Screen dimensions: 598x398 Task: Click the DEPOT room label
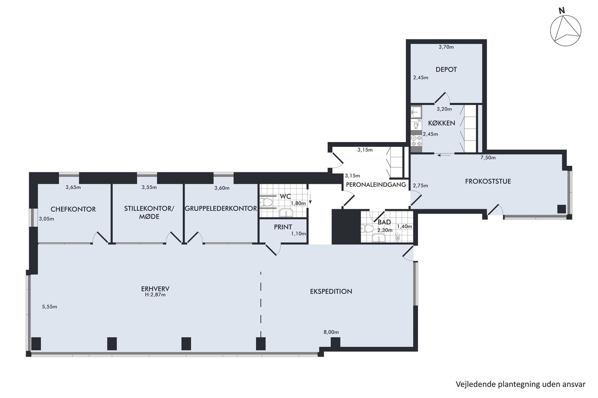coord(446,70)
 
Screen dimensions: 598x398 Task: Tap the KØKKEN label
coord(442,123)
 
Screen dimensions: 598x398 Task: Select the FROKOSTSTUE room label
coord(488,181)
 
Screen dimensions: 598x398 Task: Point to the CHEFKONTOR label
coord(73,209)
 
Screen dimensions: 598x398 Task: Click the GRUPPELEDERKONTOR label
coord(221,209)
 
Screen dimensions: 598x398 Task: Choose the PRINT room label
coord(283,227)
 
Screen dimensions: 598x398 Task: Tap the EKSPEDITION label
coord(331,291)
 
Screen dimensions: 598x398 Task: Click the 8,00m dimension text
coord(331,332)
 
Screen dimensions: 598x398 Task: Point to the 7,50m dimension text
coord(488,157)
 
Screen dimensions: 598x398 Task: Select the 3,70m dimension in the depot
coord(446,47)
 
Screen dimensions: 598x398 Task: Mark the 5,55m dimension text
coord(50,307)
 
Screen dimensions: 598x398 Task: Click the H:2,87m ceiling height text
coord(155,295)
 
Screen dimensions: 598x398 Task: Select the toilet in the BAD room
coord(366,229)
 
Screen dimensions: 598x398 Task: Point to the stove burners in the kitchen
coord(416,141)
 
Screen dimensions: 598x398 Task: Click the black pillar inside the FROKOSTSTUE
coord(561,209)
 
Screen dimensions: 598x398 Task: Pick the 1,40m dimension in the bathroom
coord(405,227)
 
